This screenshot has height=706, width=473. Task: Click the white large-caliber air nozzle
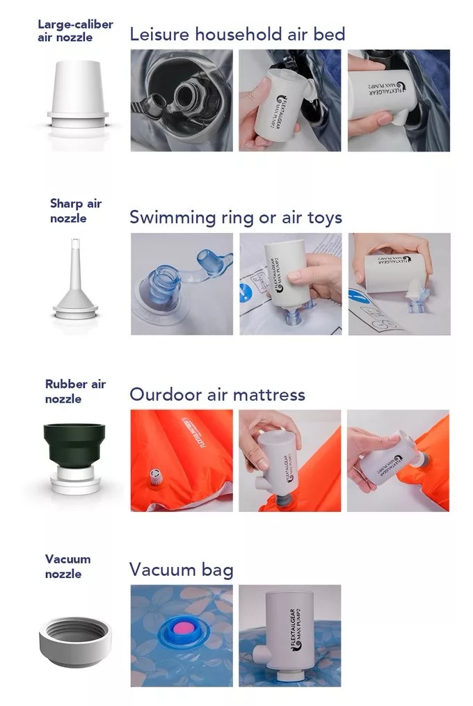click(77, 94)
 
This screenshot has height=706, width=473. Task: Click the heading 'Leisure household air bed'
click(237, 34)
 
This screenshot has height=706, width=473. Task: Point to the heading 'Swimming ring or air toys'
click(236, 218)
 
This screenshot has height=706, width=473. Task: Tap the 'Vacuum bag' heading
click(181, 570)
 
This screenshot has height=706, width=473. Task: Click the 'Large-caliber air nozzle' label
click(75, 31)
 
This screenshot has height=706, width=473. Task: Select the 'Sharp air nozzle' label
click(76, 211)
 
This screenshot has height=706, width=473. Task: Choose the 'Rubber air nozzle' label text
click(75, 392)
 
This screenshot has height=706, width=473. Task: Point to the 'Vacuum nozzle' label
click(67, 566)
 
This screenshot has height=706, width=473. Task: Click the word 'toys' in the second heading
click(325, 218)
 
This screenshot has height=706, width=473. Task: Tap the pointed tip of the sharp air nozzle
click(75, 239)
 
